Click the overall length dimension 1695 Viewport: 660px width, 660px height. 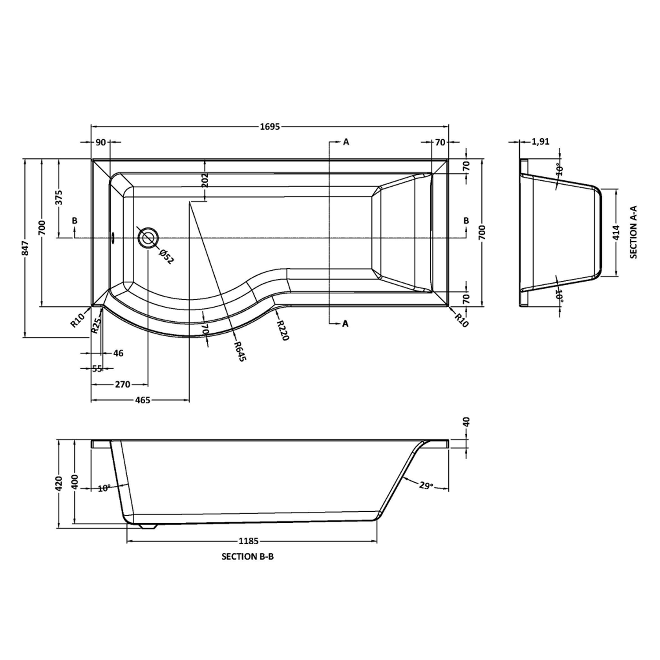click(270, 127)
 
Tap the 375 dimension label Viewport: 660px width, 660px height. click(59, 197)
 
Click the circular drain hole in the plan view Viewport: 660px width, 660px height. click(148, 238)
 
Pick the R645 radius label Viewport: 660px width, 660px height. click(240, 351)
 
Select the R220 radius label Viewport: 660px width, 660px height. click(282, 330)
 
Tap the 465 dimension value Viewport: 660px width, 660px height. click(143, 400)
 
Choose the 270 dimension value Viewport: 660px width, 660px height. click(122, 385)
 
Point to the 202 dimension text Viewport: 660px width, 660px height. click(205, 180)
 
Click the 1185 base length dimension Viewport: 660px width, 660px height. click(249, 541)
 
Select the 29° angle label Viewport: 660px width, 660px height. click(426, 486)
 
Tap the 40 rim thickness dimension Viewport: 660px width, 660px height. click(466, 422)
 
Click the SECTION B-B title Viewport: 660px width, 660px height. click(247, 557)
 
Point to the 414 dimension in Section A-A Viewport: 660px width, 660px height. click(616, 233)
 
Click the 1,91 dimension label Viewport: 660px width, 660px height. click(540, 142)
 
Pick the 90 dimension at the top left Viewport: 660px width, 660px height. click(101, 142)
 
